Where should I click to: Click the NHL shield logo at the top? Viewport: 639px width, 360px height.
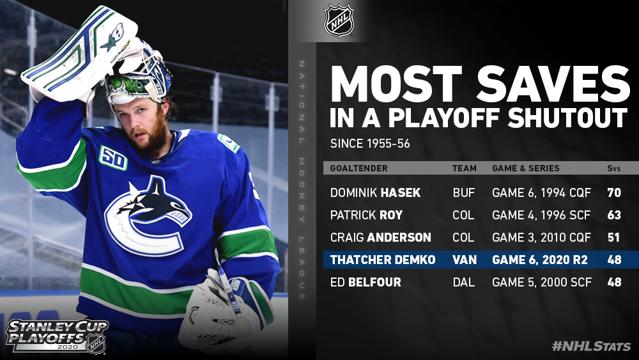tap(339, 21)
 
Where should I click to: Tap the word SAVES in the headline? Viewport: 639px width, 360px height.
tap(553, 85)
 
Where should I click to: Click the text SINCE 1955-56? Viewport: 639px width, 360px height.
tap(370, 143)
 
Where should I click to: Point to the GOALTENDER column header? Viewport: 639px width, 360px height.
tap(358, 168)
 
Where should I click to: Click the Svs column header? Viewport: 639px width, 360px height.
tap(613, 168)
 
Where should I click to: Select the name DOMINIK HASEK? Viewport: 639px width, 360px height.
tap(375, 192)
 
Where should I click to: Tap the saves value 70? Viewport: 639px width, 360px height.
tap(614, 192)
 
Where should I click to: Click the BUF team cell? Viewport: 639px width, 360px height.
tap(464, 192)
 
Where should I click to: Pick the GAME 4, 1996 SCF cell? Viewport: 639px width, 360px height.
tap(541, 215)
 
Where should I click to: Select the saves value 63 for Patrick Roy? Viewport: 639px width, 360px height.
tap(614, 215)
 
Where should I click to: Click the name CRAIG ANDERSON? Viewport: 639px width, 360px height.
tap(381, 237)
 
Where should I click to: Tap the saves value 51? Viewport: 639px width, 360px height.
tap(613, 237)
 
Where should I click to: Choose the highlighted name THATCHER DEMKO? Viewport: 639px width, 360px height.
tap(383, 260)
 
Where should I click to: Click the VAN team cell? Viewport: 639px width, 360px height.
tap(465, 260)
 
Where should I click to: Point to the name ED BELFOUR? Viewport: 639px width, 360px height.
tap(366, 282)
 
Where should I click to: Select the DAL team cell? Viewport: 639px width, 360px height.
tap(464, 282)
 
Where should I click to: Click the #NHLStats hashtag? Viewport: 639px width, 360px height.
tap(591, 347)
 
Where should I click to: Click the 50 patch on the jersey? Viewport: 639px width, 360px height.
tap(113, 158)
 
